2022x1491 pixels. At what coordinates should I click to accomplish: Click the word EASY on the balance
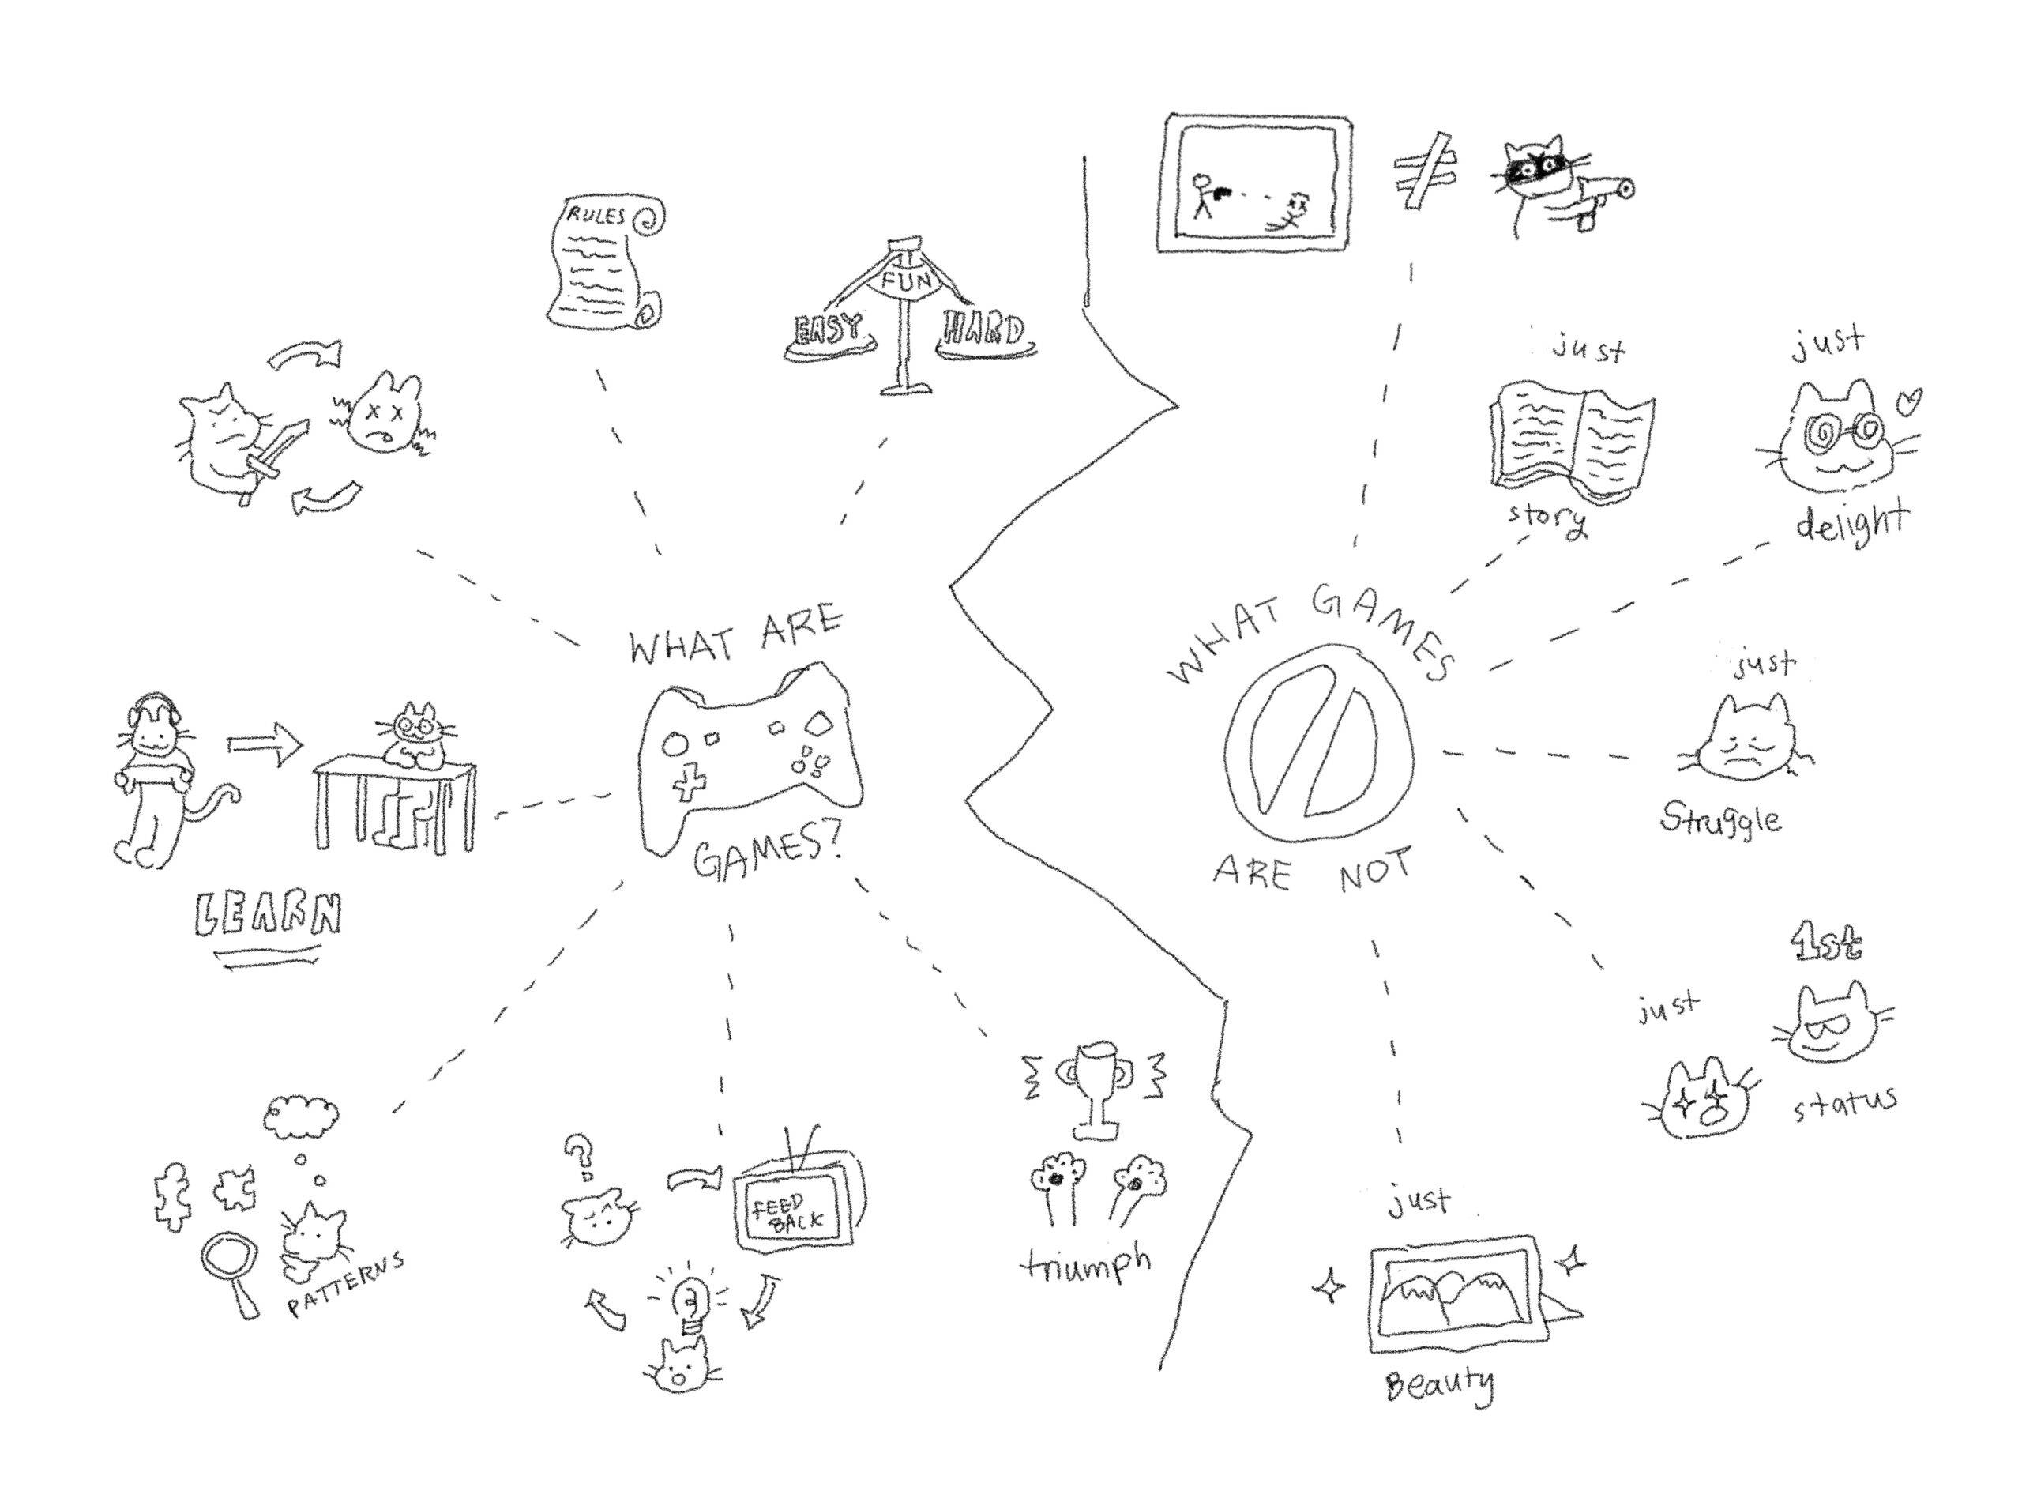click(829, 330)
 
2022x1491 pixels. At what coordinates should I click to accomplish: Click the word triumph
click(1086, 1263)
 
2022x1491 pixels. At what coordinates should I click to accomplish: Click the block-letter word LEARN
click(268, 914)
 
